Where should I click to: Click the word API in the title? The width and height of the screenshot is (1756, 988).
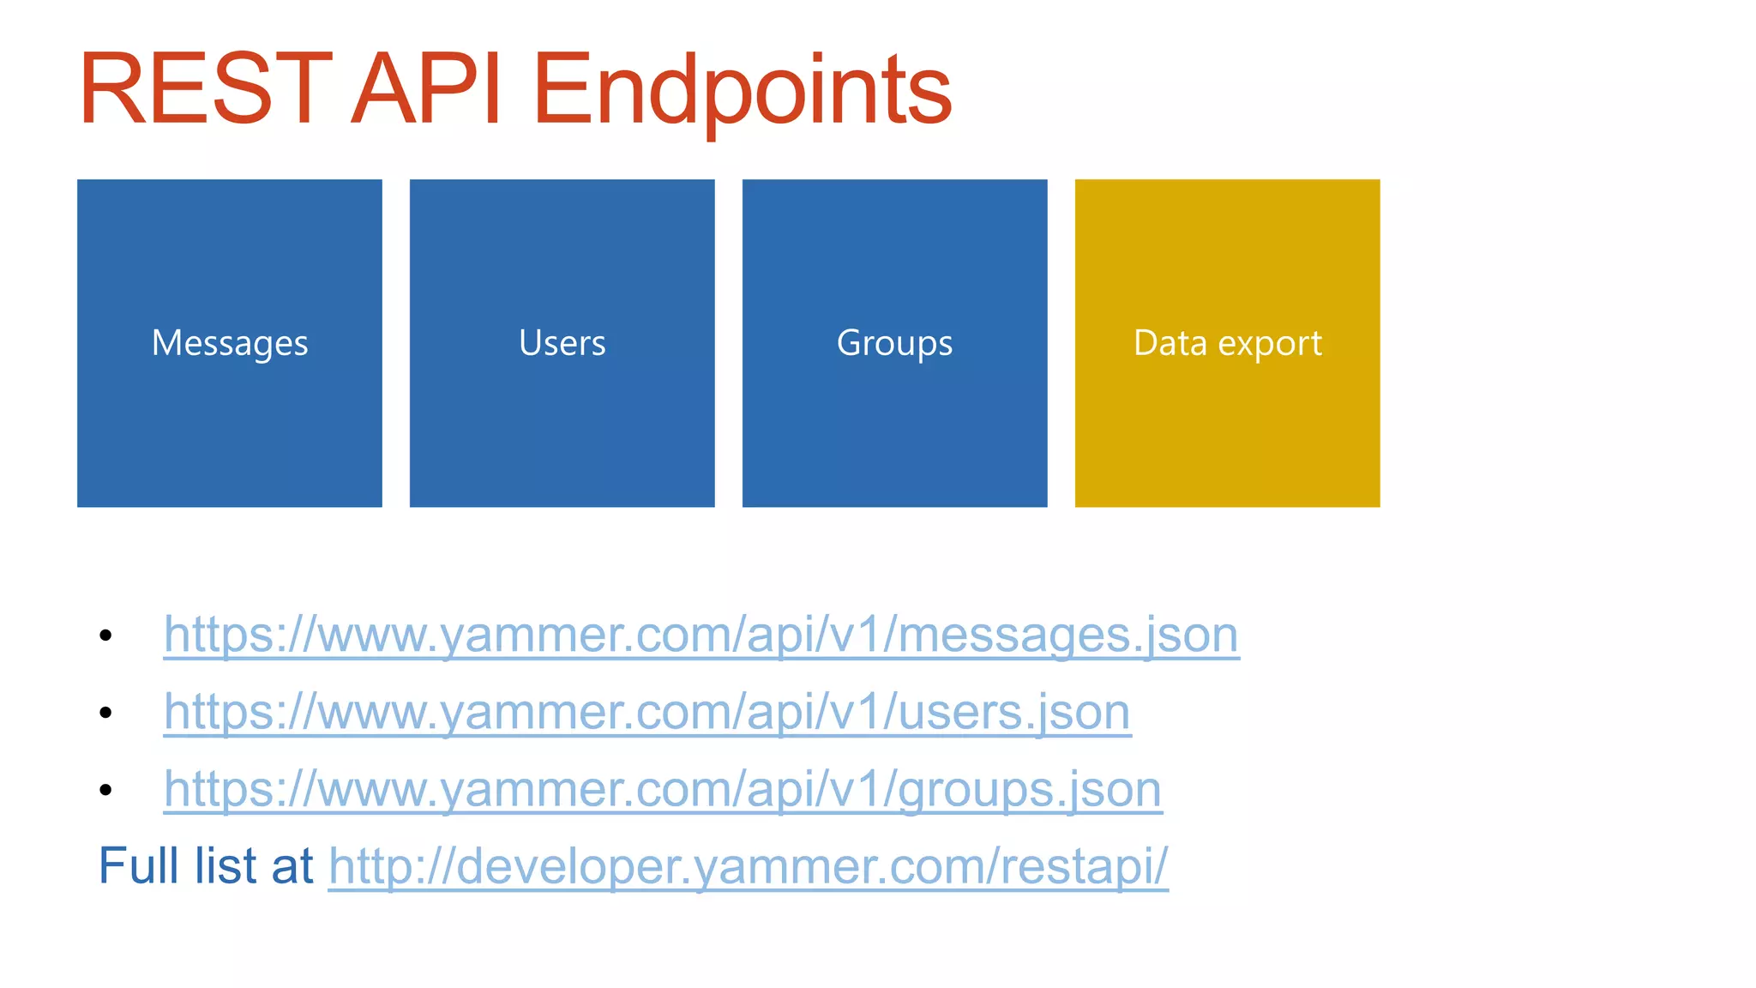[x=426, y=89]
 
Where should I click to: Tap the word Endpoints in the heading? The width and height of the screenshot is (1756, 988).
[x=742, y=89]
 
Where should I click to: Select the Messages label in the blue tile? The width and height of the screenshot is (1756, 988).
[x=230, y=343]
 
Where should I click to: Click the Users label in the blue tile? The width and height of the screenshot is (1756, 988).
[x=562, y=343]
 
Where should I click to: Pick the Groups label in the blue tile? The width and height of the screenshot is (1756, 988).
[x=894, y=343]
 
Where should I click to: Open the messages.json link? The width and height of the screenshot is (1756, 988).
[x=701, y=635]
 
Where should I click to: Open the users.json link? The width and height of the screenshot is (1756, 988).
[x=647, y=712]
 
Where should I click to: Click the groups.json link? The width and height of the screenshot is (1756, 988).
[x=663, y=789]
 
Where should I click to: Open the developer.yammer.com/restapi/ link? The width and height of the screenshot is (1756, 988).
[x=748, y=866]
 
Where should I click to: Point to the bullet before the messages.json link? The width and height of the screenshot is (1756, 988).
[x=105, y=636]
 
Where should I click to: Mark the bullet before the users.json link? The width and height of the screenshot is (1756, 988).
[x=105, y=713]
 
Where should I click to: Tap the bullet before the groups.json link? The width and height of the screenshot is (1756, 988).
[x=105, y=790]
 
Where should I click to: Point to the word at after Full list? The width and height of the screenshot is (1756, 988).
[x=292, y=866]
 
